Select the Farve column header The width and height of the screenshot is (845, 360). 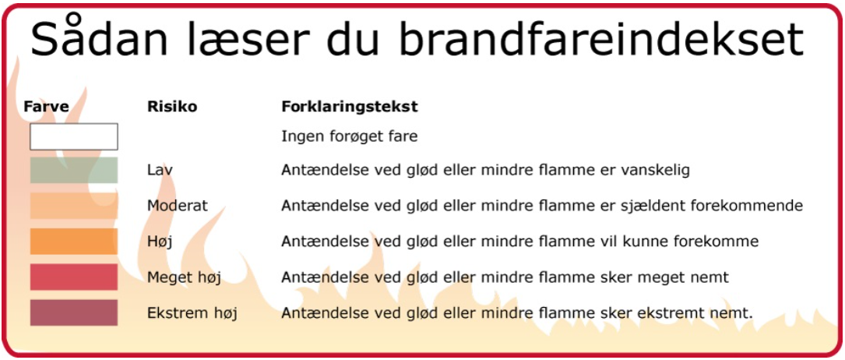[x=47, y=107]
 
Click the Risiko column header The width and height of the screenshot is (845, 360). [x=172, y=107]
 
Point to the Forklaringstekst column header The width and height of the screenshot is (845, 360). [x=350, y=107]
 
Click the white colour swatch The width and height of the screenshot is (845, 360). [x=74, y=136]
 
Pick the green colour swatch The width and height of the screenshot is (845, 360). [x=74, y=171]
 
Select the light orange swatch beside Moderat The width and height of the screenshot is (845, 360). [x=74, y=206]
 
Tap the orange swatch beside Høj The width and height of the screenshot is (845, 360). [x=74, y=242]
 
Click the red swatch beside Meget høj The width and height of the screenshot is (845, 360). [x=74, y=277]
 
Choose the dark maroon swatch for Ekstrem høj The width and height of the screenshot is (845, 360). [x=74, y=312]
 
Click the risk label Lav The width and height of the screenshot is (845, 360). [x=160, y=171]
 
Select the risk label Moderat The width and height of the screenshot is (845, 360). [x=178, y=206]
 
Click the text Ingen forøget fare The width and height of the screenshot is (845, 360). [x=349, y=137]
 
